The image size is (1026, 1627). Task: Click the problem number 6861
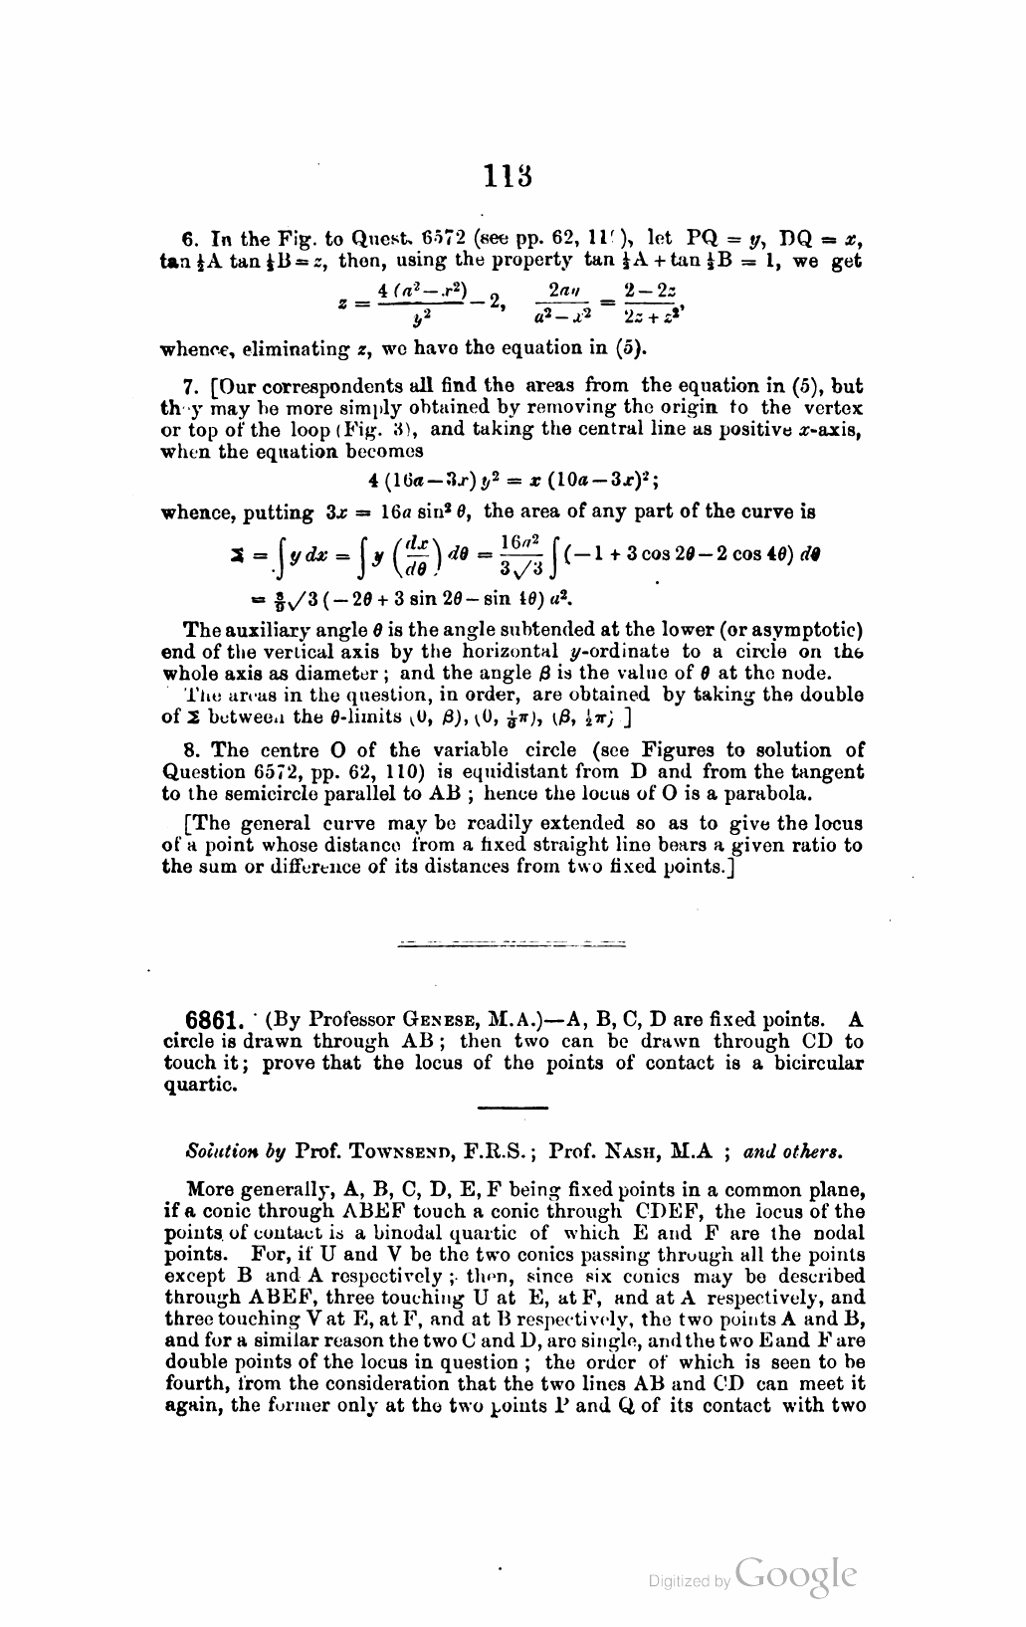pos(216,1020)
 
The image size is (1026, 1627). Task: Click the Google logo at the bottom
pos(795,1573)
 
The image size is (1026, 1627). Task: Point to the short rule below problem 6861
pos(513,1108)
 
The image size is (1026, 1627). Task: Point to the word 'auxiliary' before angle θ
pos(258,630)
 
